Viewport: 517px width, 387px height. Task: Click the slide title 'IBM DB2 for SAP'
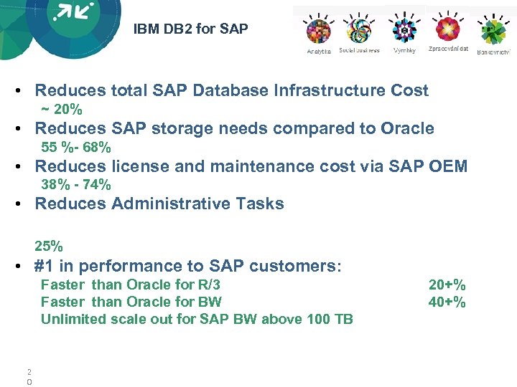coord(190,29)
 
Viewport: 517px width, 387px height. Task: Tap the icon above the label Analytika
coord(318,31)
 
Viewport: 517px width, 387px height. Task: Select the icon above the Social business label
coord(359,30)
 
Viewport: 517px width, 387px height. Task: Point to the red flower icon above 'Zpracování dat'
coord(448,29)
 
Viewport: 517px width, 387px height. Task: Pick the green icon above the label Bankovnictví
coord(493,32)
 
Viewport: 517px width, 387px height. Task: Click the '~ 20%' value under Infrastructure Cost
coord(62,110)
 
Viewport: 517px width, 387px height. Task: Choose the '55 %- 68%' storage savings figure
coord(76,148)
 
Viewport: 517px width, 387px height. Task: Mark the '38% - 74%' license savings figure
coord(76,185)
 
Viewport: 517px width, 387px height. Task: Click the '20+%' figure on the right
coord(447,285)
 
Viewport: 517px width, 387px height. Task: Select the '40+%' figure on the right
coord(447,302)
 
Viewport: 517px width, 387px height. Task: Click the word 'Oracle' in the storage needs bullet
coord(407,129)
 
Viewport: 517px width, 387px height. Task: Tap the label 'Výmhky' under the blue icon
coord(404,51)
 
